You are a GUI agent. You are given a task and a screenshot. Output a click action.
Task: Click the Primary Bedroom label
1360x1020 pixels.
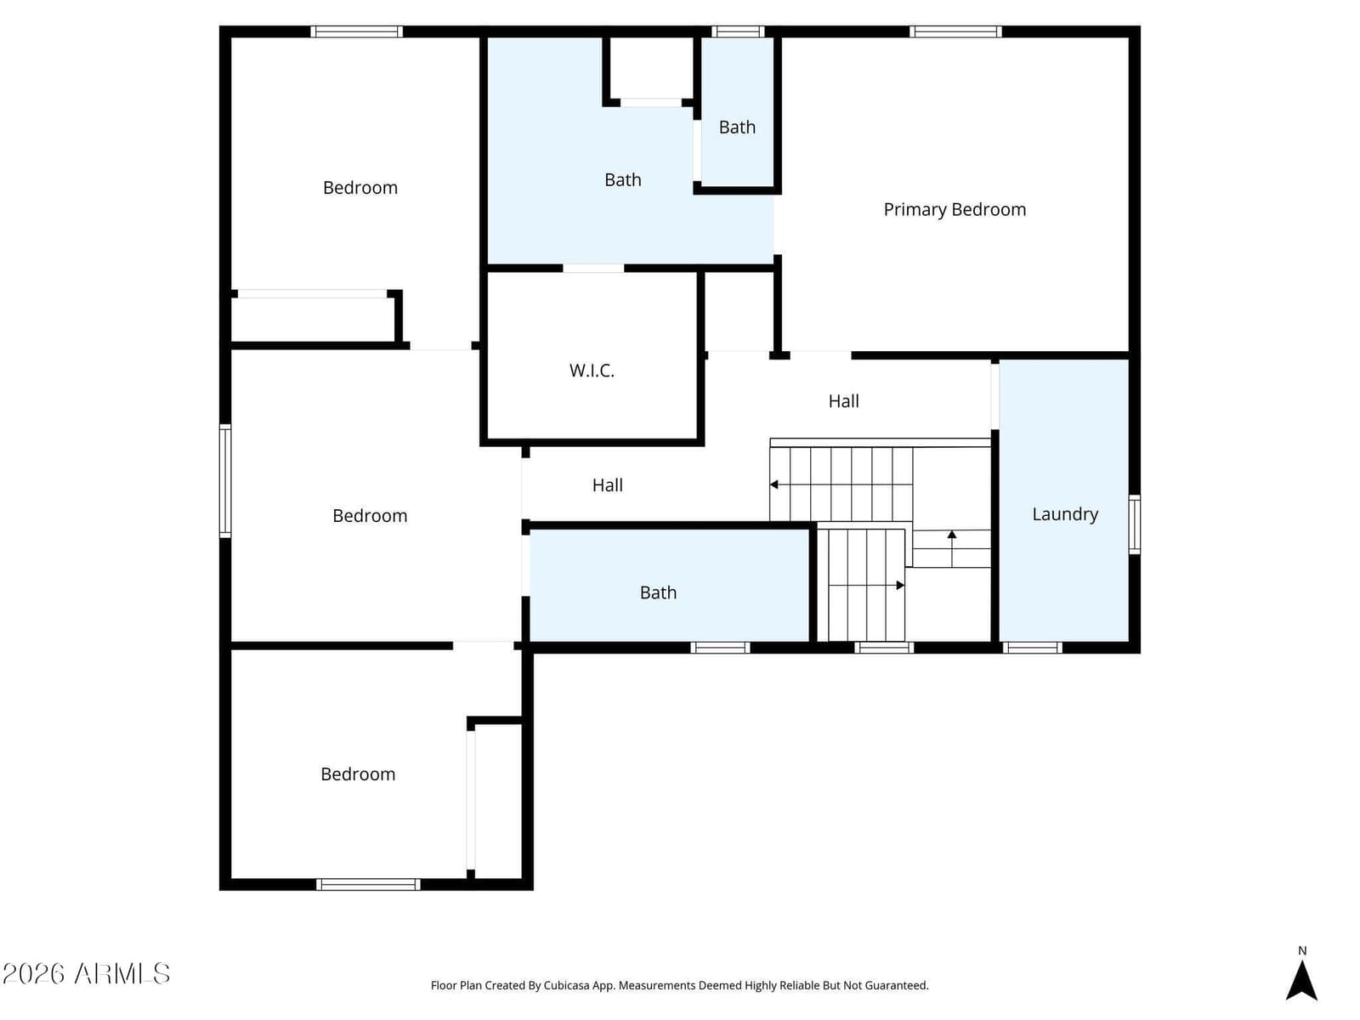click(955, 210)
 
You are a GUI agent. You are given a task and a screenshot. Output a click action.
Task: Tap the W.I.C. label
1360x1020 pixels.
click(592, 371)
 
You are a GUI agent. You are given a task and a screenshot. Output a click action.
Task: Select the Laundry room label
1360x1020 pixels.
click(1065, 514)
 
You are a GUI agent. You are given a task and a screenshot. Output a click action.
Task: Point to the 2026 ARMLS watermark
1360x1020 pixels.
click(87, 973)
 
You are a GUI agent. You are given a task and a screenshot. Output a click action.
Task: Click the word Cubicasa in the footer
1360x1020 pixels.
click(566, 985)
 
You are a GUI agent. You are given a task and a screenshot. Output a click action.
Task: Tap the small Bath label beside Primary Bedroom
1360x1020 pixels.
click(737, 127)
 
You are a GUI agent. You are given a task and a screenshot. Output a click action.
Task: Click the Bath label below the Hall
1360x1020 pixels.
click(658, 592)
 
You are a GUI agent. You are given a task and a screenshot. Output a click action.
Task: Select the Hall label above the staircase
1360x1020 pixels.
click(843, 401)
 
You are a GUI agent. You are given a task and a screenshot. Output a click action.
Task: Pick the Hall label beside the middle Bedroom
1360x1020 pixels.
click(607, 485)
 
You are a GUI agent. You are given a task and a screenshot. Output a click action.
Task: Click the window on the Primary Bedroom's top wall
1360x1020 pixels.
click(955, 31)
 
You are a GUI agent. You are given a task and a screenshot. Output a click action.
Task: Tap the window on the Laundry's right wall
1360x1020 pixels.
click(1134, 524)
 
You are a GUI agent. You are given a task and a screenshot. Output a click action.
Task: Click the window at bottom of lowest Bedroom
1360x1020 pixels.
click(368, 884)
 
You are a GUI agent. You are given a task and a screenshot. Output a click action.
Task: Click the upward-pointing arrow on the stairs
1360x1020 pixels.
click(952, 548)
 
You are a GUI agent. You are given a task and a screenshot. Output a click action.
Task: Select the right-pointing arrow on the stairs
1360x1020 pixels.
click(867, 586)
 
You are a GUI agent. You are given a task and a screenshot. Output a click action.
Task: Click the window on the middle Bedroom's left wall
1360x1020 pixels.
click(225, 480)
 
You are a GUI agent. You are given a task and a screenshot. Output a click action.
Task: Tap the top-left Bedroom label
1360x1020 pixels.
click(360, 188)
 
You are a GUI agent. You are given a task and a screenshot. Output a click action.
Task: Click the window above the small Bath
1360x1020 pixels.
click(737, 31)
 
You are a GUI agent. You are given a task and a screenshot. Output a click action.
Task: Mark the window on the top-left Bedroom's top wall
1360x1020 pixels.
click(356, 31)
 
